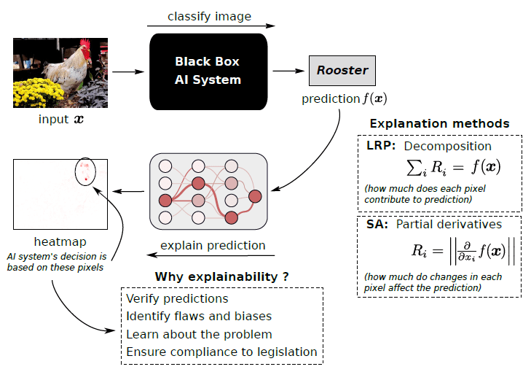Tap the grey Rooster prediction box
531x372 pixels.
coord(342,71)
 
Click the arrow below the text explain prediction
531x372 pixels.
coord(211,256)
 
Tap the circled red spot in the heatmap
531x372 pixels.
coord(86,172)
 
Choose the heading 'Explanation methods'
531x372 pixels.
coord(439,123)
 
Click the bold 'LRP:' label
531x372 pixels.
coord(380,147)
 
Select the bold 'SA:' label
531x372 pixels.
coord(377,225)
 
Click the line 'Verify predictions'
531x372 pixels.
coord(177,299)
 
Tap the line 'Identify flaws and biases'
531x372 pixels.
coord(199,317)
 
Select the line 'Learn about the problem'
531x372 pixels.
coord(199,334)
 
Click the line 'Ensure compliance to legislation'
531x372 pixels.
coord(221,352)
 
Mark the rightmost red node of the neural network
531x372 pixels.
coord(255,195)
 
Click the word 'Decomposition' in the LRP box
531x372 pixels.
coord(447,147)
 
